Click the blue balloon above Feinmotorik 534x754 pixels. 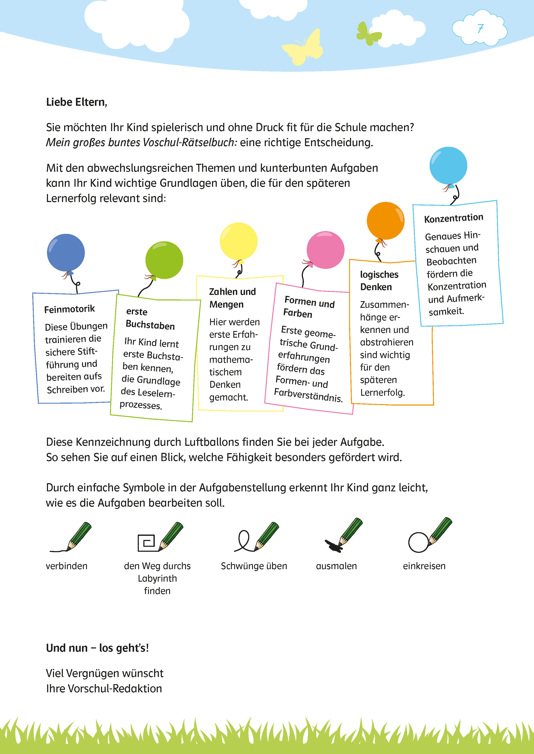[x=66, y=253]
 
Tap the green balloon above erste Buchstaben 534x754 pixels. [x=164, y=260]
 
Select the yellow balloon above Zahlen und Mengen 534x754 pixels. [x=239, y=241]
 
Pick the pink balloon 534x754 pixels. [x=325, y=250]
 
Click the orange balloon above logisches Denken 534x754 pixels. [x=385, y=221]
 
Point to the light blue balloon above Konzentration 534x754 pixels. [x=448, y=166]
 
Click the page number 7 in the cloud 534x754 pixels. [x=480, y=29]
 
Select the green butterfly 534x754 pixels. [x=368, y=34]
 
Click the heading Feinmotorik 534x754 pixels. [x=69, y=309]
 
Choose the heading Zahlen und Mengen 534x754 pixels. [x=232, y=298]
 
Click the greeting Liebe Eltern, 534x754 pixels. [x=77, y=102]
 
